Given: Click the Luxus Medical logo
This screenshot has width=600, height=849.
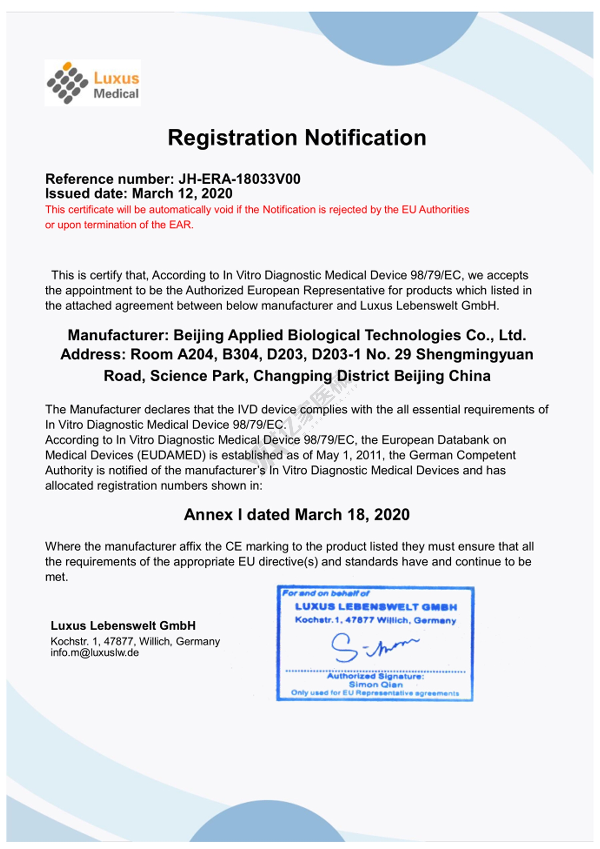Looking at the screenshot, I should (92, 83).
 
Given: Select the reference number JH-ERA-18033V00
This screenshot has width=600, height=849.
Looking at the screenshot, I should (239, 179).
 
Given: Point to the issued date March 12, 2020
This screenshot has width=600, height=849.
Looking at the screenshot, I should (182, 194).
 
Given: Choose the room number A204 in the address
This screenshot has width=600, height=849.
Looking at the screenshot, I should (194, 354).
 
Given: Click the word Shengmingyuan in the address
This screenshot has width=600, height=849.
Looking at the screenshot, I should (474, 354).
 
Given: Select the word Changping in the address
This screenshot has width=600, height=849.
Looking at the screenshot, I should (292, 376).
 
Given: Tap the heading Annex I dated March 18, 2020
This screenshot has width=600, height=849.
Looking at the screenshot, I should (297, 515).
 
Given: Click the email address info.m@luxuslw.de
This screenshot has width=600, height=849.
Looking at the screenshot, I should (94, 653).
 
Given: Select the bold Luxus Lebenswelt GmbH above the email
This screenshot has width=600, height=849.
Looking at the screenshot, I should (123, 625).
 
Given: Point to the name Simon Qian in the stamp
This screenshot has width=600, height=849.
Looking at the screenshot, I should (376, 685).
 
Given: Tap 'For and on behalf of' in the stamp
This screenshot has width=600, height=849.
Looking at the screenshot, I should (326, 593).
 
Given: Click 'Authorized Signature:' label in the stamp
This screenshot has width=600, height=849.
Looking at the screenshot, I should (375, 676).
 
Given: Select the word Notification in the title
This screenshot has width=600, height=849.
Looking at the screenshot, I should (365, 138).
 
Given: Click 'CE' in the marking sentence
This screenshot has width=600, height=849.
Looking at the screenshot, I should (234, 547).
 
